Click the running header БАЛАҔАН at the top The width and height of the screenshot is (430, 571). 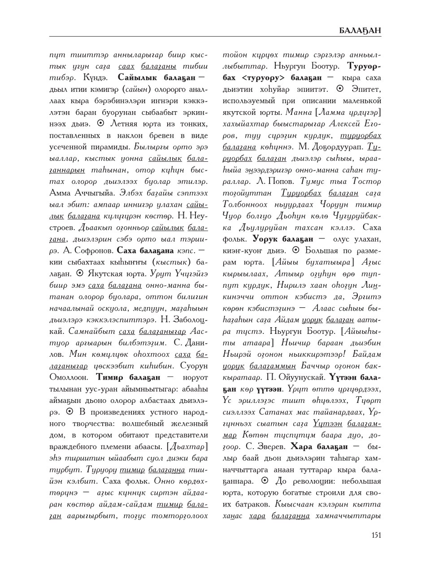tap(360, 30)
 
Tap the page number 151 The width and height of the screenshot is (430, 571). tap(376, 534)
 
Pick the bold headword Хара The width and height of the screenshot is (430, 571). tap(304, 446)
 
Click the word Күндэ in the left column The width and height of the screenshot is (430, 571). tap(94, 77)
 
